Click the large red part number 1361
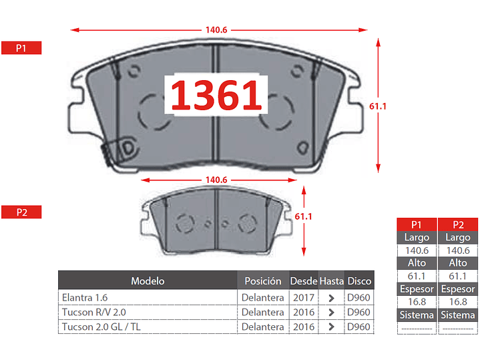216,94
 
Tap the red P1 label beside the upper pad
21,48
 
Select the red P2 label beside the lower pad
21,212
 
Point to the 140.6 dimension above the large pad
216,30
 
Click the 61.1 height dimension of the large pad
378,106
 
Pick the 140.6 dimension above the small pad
216,180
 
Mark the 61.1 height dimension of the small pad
303,216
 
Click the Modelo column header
148,281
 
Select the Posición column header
262,281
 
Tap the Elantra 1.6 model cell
85,297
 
